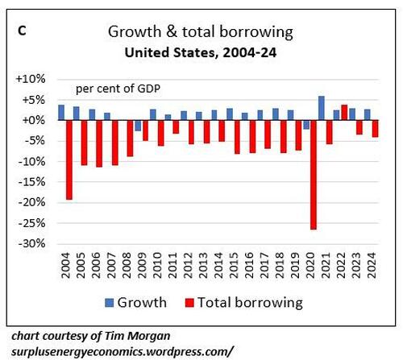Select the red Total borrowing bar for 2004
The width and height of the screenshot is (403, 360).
(x=69, y=159)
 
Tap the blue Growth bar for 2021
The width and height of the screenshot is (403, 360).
(x=321, y=108)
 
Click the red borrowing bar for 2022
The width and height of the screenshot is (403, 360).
(x=344, y=112)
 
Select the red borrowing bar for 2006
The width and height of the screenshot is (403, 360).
(x=99, y=143)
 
